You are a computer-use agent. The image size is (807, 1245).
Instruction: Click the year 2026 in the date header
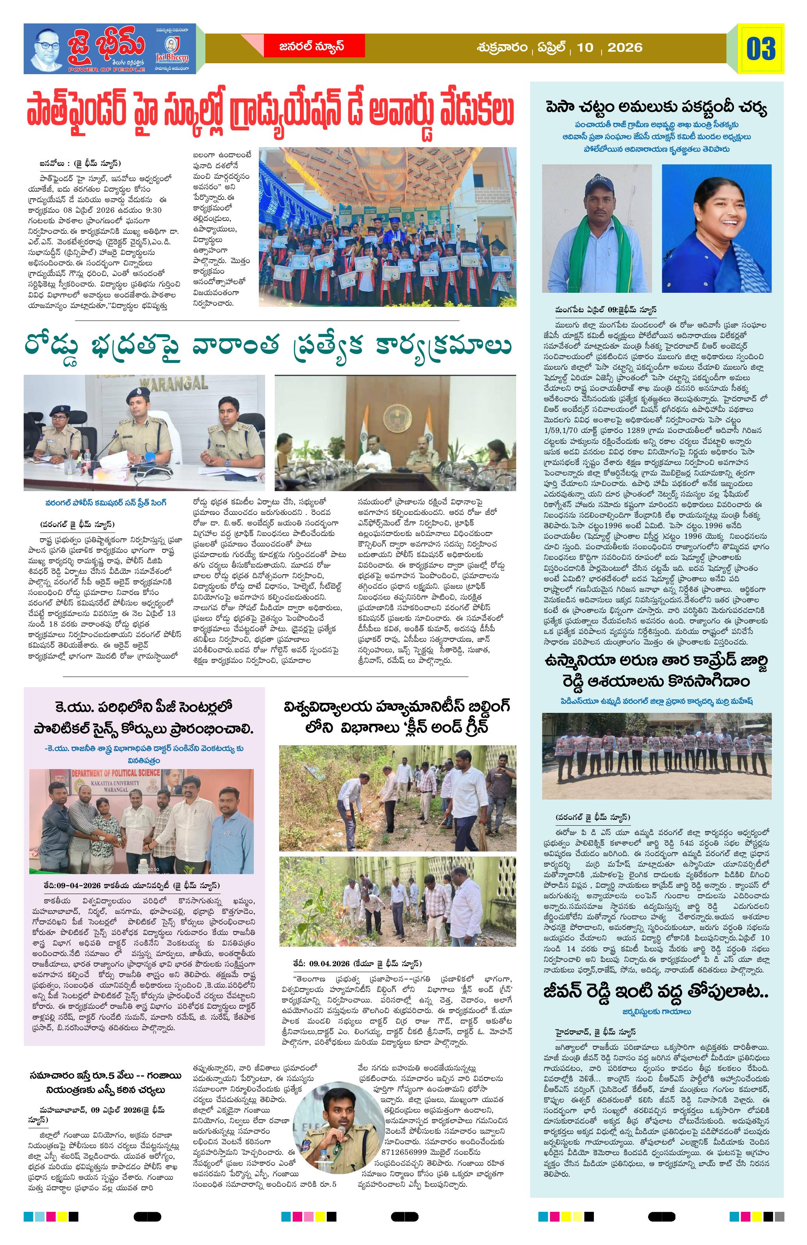[625, 48]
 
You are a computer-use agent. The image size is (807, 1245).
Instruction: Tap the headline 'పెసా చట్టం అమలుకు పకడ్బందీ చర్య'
[656, 109]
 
